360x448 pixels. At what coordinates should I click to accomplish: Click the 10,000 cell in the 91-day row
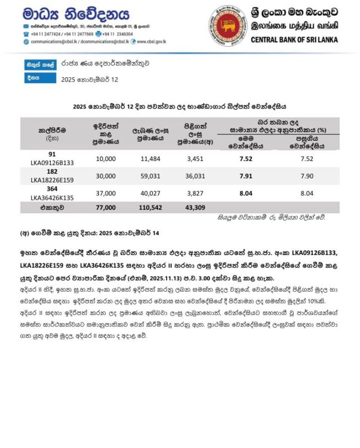tap(106, 159)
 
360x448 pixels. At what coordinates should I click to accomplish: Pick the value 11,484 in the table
tap(151, 159)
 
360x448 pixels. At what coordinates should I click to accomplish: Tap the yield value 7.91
tap(245, 175)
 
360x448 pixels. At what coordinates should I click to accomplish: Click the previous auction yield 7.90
tap(307, 175)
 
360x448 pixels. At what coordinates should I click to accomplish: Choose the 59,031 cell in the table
tap(151, 175)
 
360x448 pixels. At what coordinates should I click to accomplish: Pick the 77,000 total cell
tap(106, 208)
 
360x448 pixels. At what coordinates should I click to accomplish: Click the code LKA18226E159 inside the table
tap(52, 180)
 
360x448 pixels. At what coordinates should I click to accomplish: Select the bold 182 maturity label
tap(52, 171)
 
